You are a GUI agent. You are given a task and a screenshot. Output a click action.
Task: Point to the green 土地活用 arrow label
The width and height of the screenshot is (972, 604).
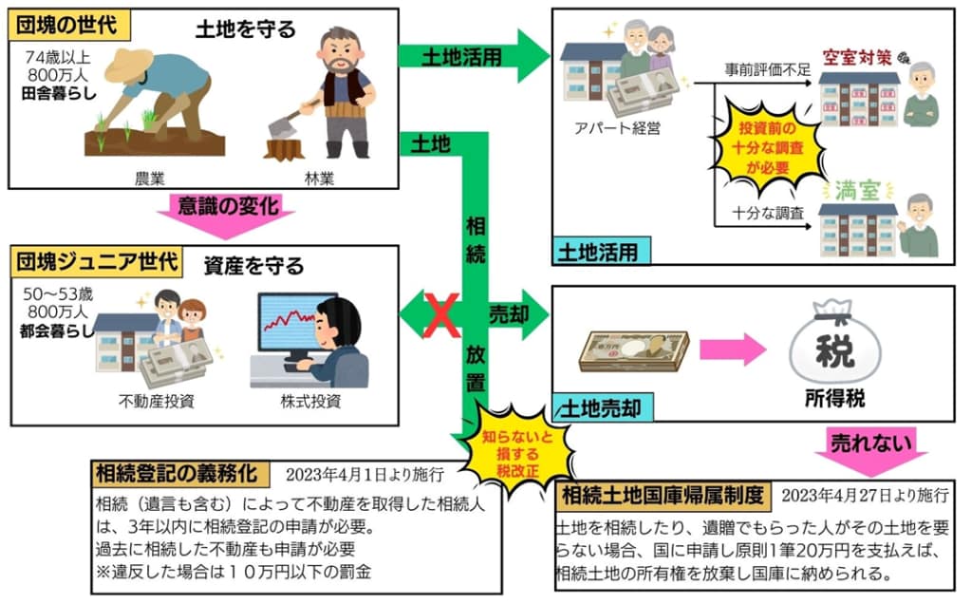click(465, 56)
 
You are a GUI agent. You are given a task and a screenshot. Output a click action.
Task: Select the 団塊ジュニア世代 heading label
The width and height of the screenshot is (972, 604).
click(95, 260)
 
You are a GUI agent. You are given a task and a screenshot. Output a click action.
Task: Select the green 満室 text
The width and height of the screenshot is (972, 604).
click(857, 189)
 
